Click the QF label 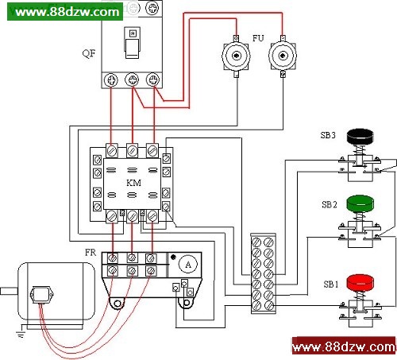click(x=89, y=53)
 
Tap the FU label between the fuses click(x=258, y=38)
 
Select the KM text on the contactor click(x=133, y=183)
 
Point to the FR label click(x=91, y=253)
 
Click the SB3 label click(x=328, y=135)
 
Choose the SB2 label click(x=330, y=204)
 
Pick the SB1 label click(x=331, y=285)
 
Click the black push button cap click(x=360, y=137)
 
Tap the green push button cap click(x=360, y=203)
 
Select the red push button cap click(x=360, y=282)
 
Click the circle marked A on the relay click(x=188, y=265)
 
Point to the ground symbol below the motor click(x=21, y=335)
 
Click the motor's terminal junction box click(x=42, y=295)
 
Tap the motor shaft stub click(x=9, y=291)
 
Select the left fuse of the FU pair click(x=236, y=56)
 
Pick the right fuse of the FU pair click(x=283, y=56)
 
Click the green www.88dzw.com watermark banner click(x=65, y=11)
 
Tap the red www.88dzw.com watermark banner click(x=345, y=346)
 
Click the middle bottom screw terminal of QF click(x=132, y=79)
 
